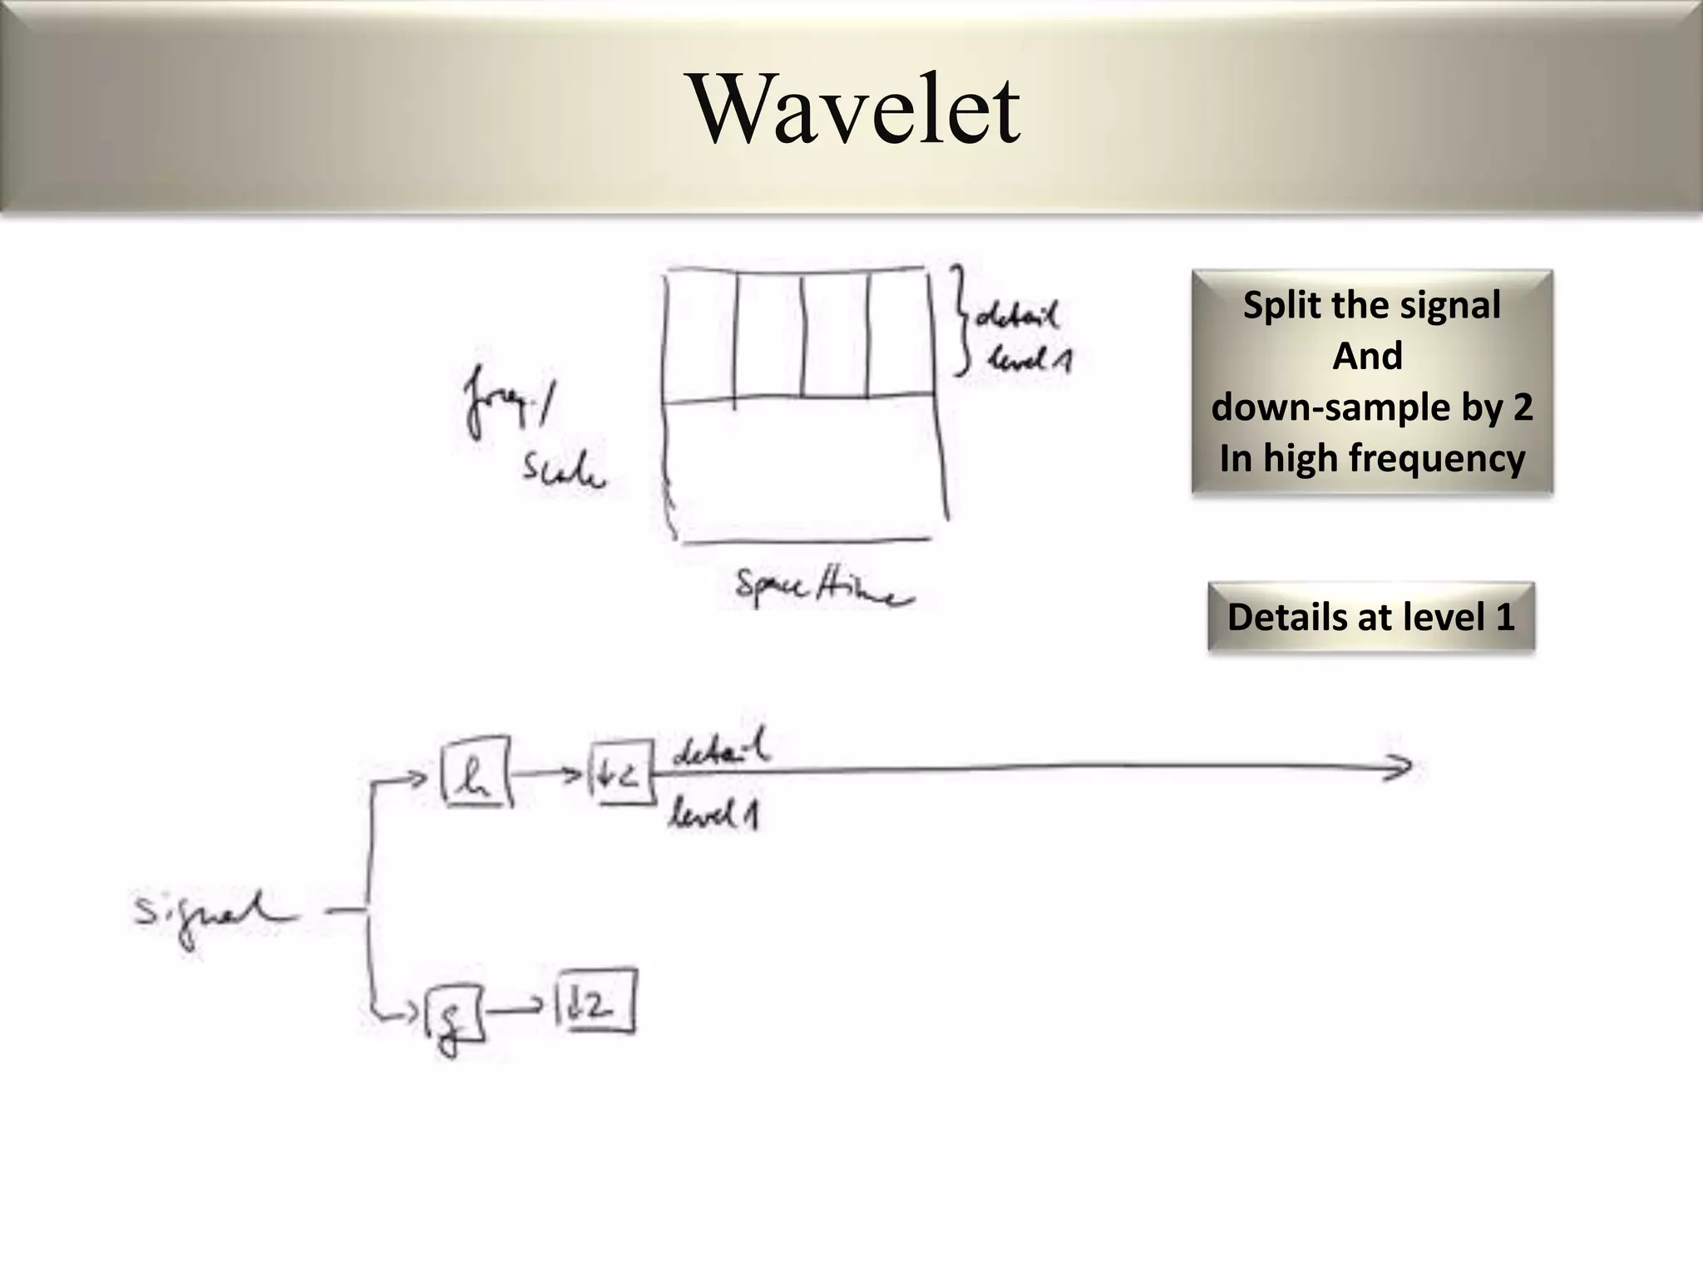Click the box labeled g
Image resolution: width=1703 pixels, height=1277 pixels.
[x=454, y=1014]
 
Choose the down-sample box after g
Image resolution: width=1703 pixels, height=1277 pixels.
[x=595, y=1003]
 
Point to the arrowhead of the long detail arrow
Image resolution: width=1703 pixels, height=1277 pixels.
[x=1401, y=767]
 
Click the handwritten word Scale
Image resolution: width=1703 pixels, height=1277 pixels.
[x=563, y=472]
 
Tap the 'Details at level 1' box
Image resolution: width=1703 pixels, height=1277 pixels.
[x=1370, y=617]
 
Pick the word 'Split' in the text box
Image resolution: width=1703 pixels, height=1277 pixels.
[x=1281, y=305]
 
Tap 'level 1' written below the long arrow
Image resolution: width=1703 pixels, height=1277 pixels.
[x=713, y=815]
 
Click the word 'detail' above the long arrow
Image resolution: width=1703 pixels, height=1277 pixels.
[x=720, y=750]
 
